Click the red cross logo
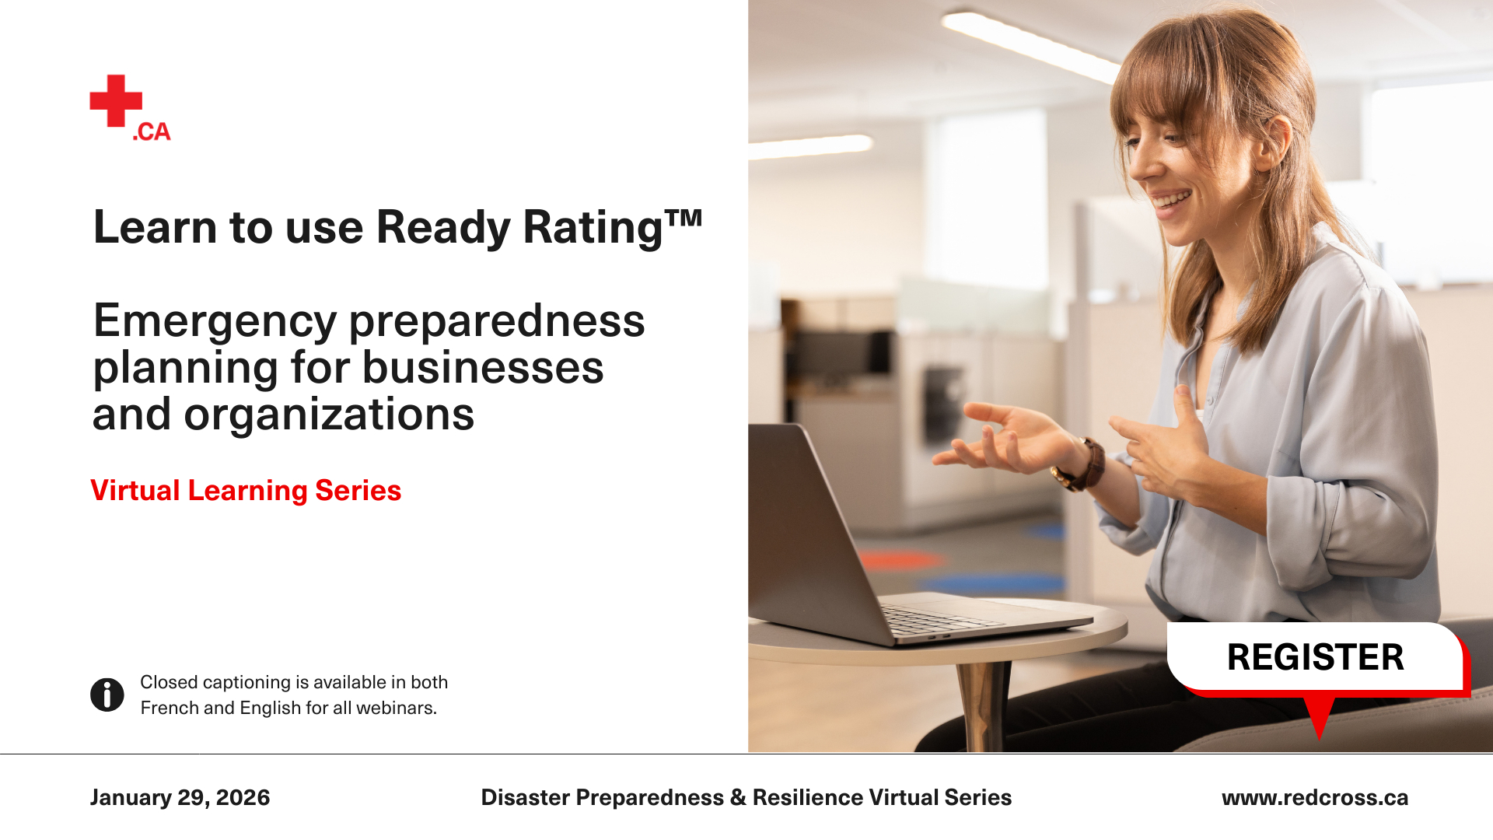[x=116, y=100]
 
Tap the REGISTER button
[x=1316, y=657]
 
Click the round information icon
[x=107, y=695]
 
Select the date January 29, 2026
[x=180, y=797]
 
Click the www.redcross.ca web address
[x=1315, y=797]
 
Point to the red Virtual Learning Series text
[x=246, y=491]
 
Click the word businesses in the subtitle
[x=482, y=367]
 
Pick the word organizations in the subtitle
[x=329, y=414]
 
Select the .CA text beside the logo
[x=152, y=131]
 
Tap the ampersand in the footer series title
[x=738, y=797]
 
